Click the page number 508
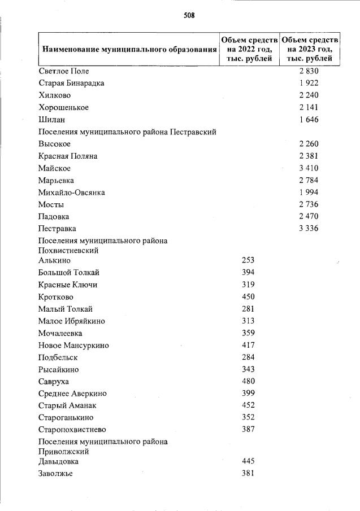(x=189, y=16)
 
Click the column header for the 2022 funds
(x=249, y=49)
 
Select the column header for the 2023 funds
(x=310, y=49)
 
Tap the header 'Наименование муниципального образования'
(x=129, y=50)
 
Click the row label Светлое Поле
(x=64, y=71)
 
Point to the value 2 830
(x=309, y=71)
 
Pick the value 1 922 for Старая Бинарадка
(x=309, y=83)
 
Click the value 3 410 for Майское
(x=309, y=168)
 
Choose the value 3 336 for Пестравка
(x=309, y=229)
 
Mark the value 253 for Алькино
(x=248, y=260)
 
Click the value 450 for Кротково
(x=248, y=297)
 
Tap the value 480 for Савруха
(x=248, y=381)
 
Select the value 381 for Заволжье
(x=248, y=474)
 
